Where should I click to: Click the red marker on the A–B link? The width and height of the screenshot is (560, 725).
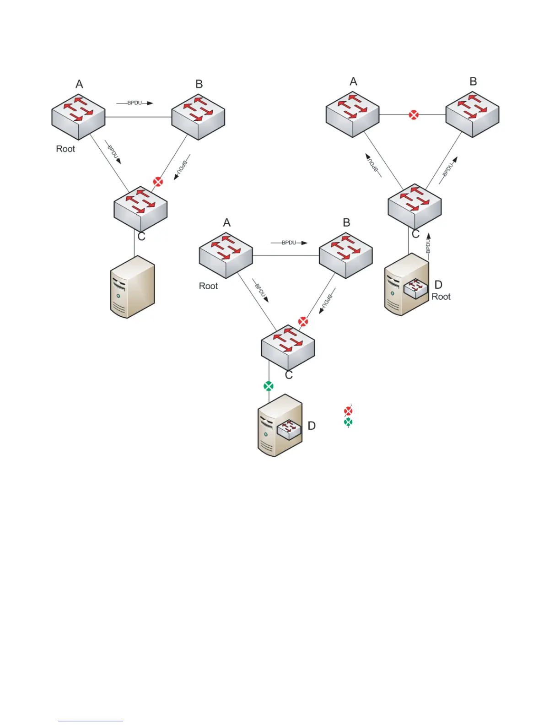[414, 114]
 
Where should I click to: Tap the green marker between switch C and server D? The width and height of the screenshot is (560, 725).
[269, 386]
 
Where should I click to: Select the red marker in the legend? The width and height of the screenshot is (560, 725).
[348, 411]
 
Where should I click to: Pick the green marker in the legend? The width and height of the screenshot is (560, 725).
[348, 422]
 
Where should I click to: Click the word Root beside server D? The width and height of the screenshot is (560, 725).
[441, 297]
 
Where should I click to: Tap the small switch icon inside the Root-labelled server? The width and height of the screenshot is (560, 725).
[415, 288]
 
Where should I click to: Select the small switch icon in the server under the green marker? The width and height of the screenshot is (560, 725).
[289, 429]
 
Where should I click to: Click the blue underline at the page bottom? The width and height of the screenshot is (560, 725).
[91, 721]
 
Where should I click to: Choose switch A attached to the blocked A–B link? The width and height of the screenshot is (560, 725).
[352, 114]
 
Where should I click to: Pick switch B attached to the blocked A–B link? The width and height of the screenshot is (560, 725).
[472, 114]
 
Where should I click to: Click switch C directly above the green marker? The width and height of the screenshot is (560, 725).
[288, 348]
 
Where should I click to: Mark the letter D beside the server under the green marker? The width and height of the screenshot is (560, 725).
[312, 426]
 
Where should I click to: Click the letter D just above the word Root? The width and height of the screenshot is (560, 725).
[438, 285]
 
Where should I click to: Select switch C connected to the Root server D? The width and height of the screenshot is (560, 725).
[415, 206]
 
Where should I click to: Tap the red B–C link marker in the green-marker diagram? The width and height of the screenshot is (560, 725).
[303, 322]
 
